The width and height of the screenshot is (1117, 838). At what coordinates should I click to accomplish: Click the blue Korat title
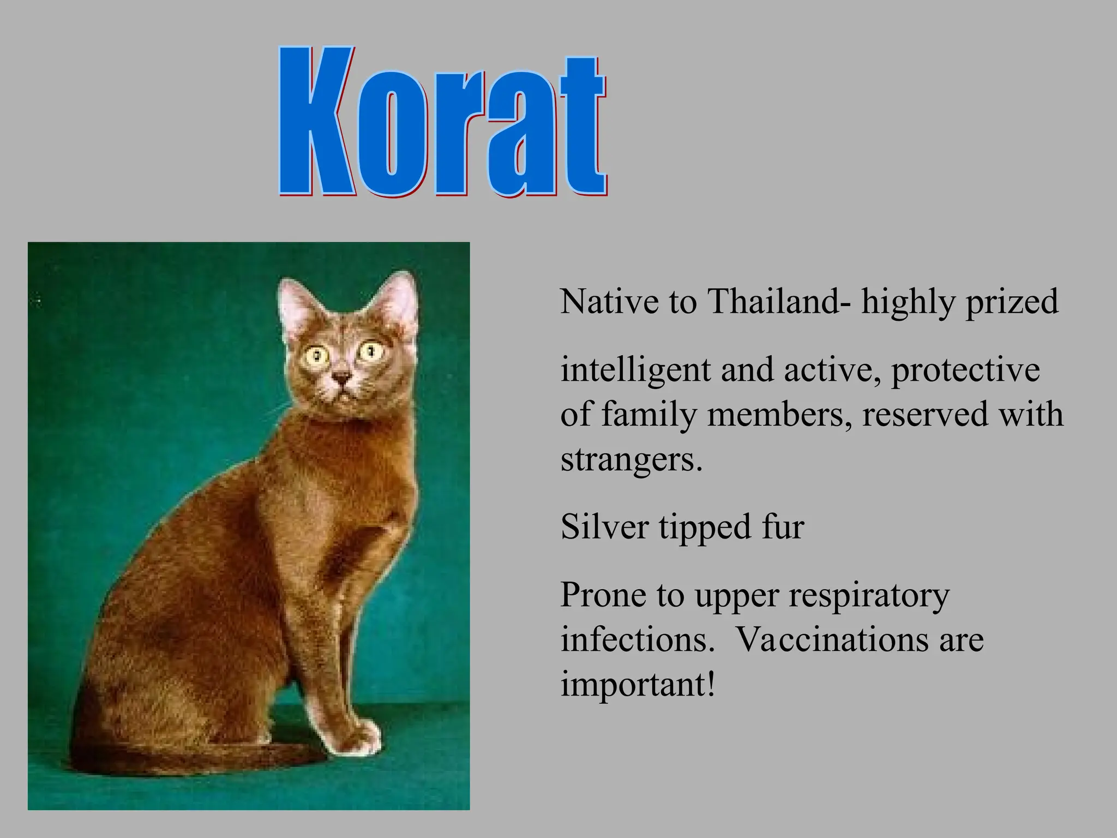tap(442, 123)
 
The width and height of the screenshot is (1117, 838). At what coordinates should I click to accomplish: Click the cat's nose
tap(341, 377)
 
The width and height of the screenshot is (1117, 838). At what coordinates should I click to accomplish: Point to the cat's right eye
tap(371, 349)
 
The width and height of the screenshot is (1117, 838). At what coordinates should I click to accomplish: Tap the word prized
tap(1012, 302)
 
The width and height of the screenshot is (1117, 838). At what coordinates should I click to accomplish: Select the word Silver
tap(605, 527)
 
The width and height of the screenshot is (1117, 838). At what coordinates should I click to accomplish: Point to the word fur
tap(783, 527)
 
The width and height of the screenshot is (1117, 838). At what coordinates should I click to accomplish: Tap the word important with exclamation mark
tap(638, 684)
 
